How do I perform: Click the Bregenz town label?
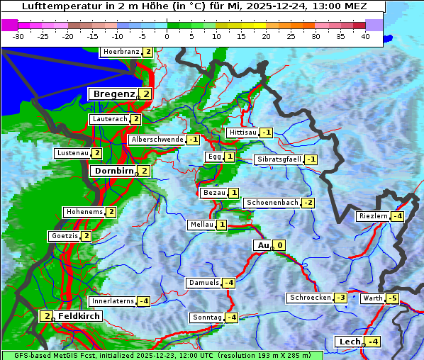pyautogui.click(x=113, y=94)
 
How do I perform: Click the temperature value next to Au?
pyautogui.click(x=280, y=246)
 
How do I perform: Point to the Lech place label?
pyautogui.click(x=350, y=342)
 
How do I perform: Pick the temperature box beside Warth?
pyautogui.click(x=392, y=298)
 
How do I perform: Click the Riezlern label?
pyautogui.click(x=374, y=216)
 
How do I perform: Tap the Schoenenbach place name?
pyautogui.click(x=272, y=203)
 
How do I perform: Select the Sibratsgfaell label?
pyautogui.click(x=279, y=159)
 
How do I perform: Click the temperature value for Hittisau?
pyautogui.click(x=267, y=133)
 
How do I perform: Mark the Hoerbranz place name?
pyautogui.click(x=120, y=52)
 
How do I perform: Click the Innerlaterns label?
pyautogui.click(x=113, y=301)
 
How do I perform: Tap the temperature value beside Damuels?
pyautogui.click(x=228, y=283)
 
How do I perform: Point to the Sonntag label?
pyautogui.click(x=207, y=317)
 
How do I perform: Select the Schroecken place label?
pyautogui.click(x=310, y=298)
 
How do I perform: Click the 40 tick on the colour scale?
pyautogui.click(x=365, y=36)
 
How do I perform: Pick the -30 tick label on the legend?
pyautogui.click(x=18, y=36)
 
